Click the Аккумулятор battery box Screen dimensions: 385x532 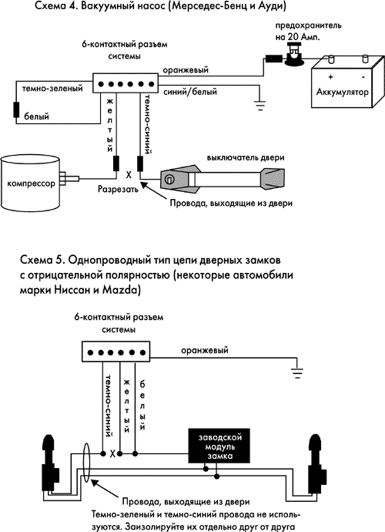coord(348,82)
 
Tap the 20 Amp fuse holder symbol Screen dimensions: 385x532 coord(294,54)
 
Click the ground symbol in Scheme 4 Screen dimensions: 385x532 coord(260,106)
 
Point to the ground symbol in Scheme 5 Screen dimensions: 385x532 coord(297,373)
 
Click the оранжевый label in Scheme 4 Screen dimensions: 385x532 coord(186,70)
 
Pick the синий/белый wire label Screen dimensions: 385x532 coord(190,92)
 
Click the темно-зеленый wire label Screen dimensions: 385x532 coord(52,89)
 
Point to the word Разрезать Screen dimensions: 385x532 coord(118,189)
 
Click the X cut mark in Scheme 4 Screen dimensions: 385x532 coord(129,175)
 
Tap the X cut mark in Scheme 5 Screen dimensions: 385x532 coord(112,453)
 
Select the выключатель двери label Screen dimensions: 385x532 coord(246,158)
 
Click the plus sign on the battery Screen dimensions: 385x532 coord(330,77)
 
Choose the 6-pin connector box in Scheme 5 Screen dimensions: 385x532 coord(116,352)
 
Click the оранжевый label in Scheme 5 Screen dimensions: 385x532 coord(204,350)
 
